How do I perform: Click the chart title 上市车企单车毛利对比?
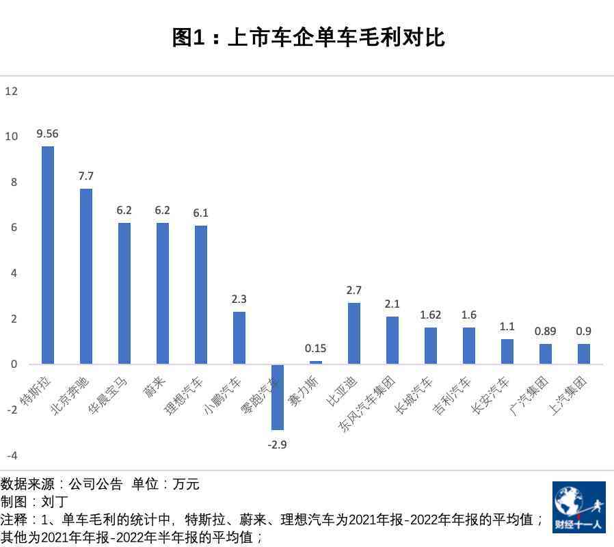tap(308, 38)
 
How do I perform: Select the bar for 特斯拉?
tap(48, 254)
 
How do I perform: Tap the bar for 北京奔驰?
tap(86, 276)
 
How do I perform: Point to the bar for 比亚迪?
tap(354, 333)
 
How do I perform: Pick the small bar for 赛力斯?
tap(316, 362)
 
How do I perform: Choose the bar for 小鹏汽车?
tap(239, 338)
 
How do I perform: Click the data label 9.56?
tap(47, 134)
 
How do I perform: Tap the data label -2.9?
tap(277, 444)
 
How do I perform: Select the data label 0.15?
tap(315, 349)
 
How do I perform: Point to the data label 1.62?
tap(430, 315)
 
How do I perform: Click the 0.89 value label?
tap(545, 332)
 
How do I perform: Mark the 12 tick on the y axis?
tap(11, 91)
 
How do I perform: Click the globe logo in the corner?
tap(578, 507)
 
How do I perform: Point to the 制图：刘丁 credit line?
tap(34, 503)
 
